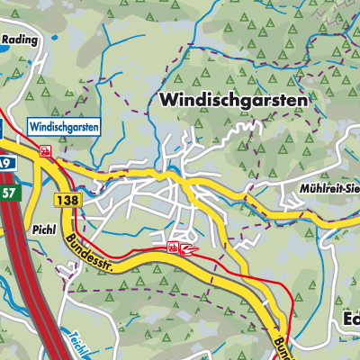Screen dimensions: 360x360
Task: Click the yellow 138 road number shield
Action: pyautogui.click(x=64, y=199)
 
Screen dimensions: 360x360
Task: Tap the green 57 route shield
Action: pyautogui.click(x=8, y=193)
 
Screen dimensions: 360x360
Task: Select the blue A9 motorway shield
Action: pyautogui.click(x=5, y=164)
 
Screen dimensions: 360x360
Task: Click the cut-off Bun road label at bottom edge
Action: pyautogui.click(x=278, y=348)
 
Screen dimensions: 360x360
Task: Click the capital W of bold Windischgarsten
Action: pyautogui.click(x=167, y=101)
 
